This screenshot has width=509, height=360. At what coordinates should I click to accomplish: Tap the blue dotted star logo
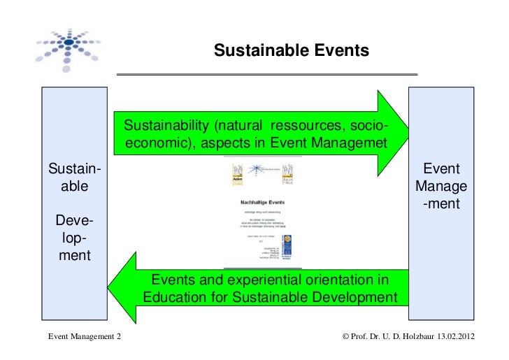[68, 43]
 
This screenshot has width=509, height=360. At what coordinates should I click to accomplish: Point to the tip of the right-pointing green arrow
[408, 133]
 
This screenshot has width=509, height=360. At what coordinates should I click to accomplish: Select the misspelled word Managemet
[351, 143]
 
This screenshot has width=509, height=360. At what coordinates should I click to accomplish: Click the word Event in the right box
[441, 170]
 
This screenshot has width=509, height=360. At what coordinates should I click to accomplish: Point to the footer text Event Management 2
[84, 338]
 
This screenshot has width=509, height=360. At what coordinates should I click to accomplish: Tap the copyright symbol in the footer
[345, 338]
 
